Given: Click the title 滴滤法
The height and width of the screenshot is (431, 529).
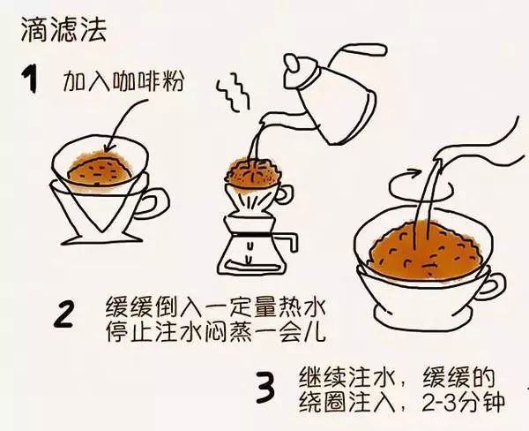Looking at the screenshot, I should point(56,31).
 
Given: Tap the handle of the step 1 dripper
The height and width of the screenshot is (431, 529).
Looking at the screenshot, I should point(155,200).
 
